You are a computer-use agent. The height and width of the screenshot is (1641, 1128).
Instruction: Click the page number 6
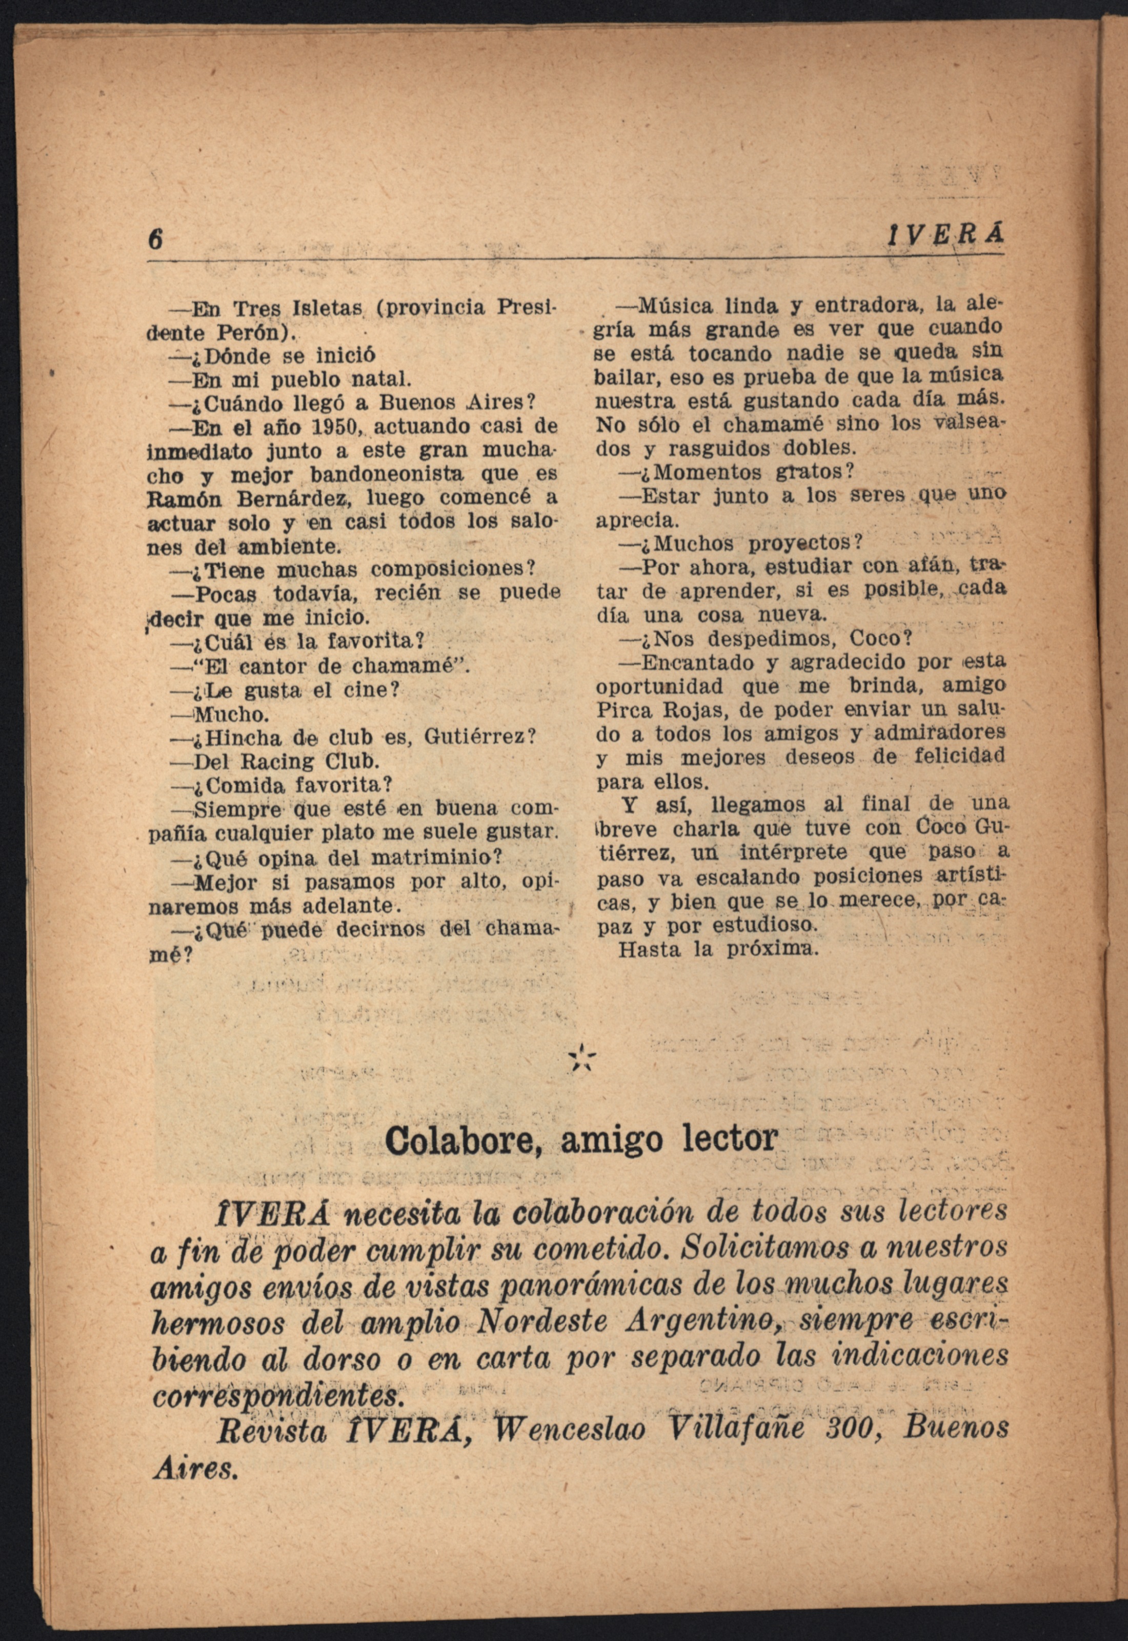click(155, 239)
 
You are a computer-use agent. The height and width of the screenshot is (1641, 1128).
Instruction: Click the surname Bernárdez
click(295, 499)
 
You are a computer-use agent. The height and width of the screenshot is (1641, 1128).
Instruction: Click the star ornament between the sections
click(581, 1056)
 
